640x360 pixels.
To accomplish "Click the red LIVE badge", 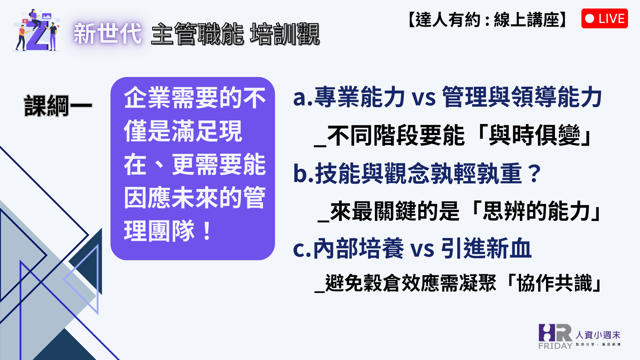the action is click(x=604, y=18).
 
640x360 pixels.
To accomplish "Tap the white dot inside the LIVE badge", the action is click(x=589, y=18).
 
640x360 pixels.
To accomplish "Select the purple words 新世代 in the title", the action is click(x=108, y=34).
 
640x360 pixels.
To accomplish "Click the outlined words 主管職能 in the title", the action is click(x=197, y=34).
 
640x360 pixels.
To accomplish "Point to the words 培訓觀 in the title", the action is click(x=285, y=34).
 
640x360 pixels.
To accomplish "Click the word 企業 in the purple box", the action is click(x=147, y=98).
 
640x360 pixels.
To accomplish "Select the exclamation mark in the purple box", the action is click(x=207, y=231).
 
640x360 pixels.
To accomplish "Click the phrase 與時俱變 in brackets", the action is click(x=535, y=135).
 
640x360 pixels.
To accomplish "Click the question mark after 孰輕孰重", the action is click(x=535, y=173).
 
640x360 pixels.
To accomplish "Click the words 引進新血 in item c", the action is click(x=486, y=248).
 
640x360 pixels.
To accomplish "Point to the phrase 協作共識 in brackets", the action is click(x=555, y=283).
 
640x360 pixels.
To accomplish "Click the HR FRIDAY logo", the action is click(x=555, y=336).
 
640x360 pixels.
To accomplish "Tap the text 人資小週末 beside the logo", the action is click(x=598, y=335).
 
